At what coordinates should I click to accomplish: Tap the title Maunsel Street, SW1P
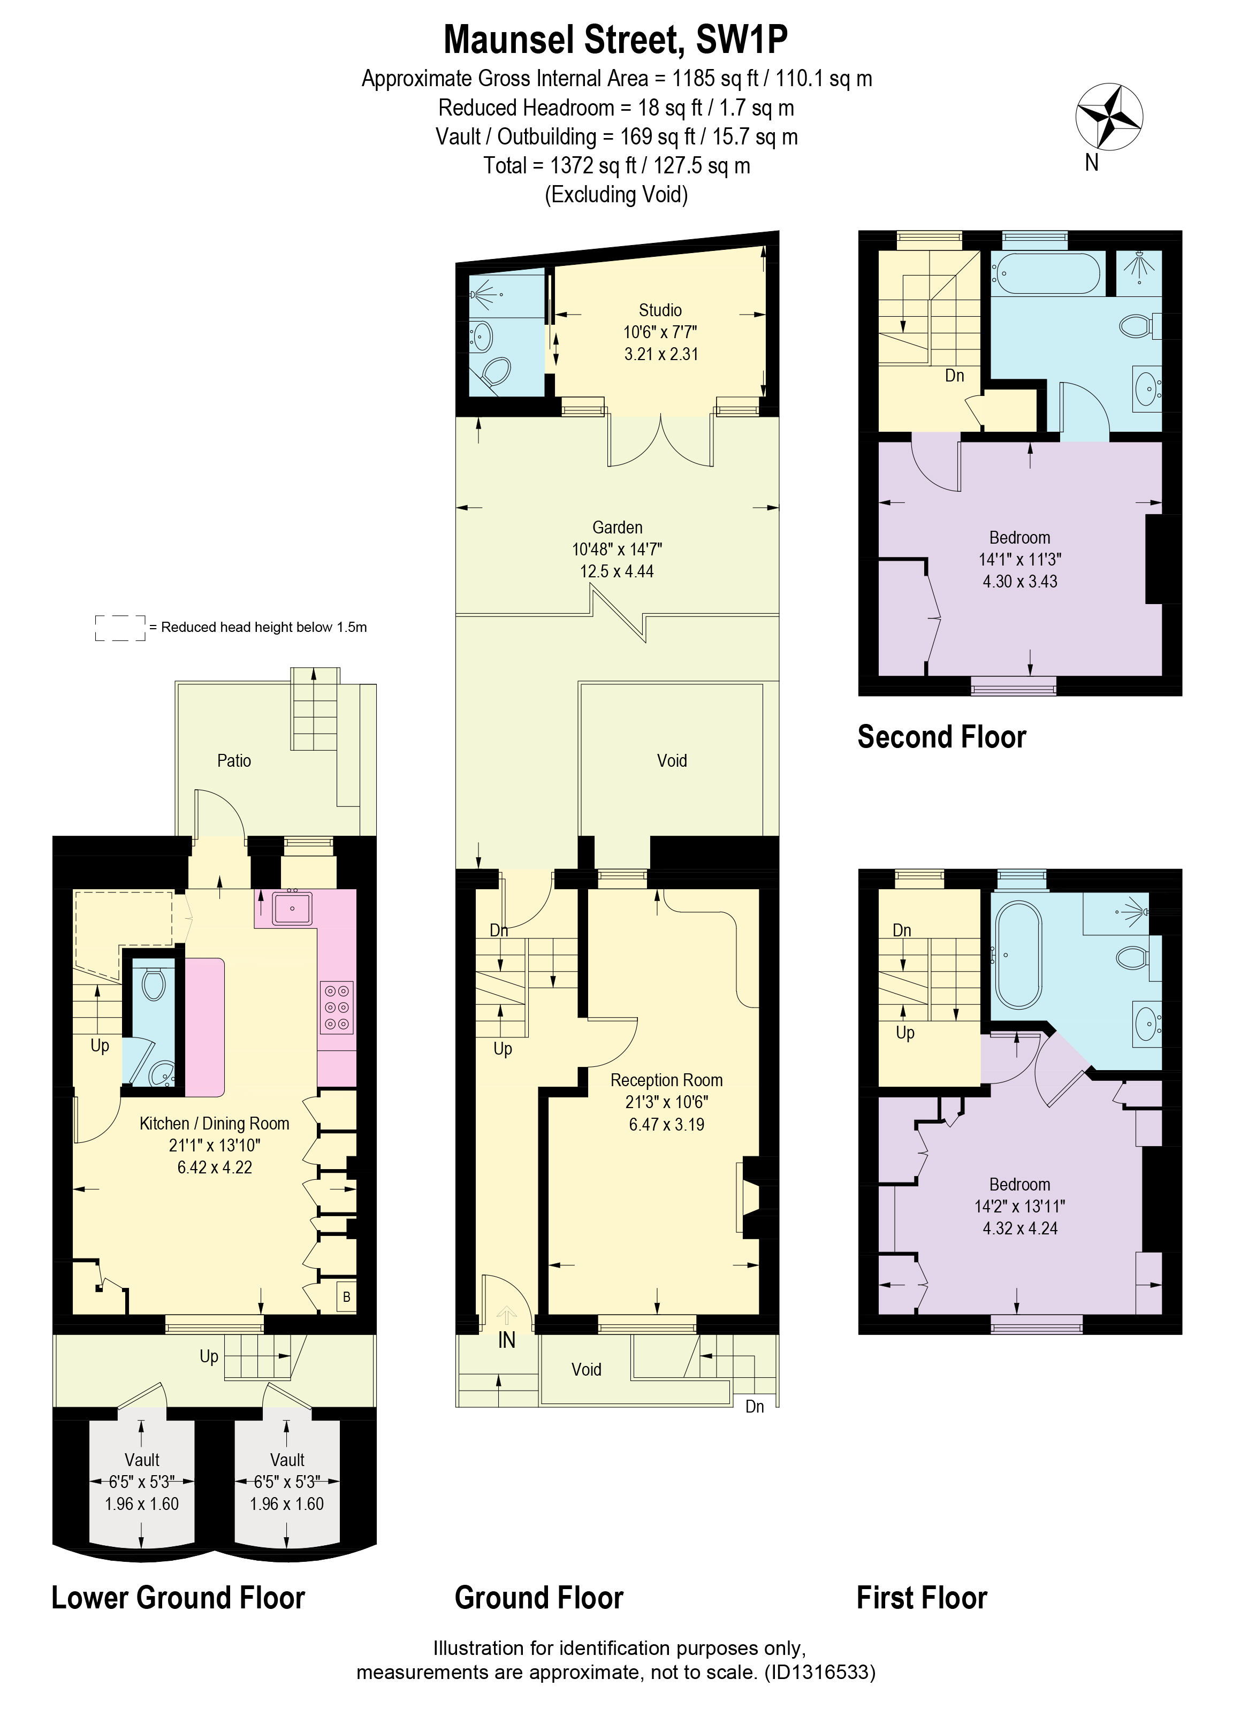(616, 40)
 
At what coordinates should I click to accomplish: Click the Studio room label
(660, 310)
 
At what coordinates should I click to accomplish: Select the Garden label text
(617, 527)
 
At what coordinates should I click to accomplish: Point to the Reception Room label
(666, 1080)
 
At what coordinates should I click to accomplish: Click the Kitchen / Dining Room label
(215, 1124)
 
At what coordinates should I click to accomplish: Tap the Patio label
(234, 760)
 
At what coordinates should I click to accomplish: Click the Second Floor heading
(941, 737)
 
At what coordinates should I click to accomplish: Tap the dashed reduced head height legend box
(120, 628)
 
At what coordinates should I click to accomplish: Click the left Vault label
(142, 1460)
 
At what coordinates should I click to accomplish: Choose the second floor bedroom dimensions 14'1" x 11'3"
(1019, 560)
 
